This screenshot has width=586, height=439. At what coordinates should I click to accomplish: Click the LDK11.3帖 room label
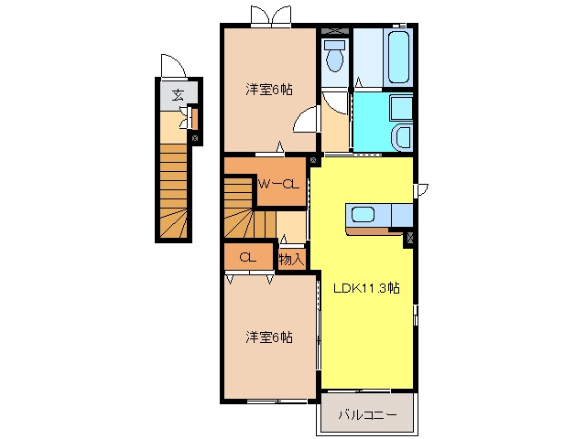pyautogui.click(x=366, y=288)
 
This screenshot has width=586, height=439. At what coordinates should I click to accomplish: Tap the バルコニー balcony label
pyautogui.click(x=367, y=414)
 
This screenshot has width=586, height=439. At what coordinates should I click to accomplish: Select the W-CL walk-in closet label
pyautogui.click(x=278, y=184)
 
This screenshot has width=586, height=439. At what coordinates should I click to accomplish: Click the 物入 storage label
pyautogui.click(x=291, y=259)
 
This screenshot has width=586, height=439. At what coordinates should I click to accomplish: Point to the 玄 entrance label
pyautogui.click(x=178, y=95)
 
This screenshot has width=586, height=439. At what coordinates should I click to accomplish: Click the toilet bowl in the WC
pyautogui.click(x=335, y=57)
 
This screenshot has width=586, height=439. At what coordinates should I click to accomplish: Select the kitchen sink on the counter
pyautogui.click(x=363, y=216)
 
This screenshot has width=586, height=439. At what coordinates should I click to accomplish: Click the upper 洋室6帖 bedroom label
pyautogui.click(x=269, y=90)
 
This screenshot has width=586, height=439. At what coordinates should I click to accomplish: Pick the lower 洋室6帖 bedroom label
pyautogui.click(x=269, y=337)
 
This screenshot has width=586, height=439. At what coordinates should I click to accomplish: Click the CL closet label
pyautogui.click(x=248, y=257)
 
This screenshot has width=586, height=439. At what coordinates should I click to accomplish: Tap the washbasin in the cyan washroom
pyautogui.click(x=403, y=137)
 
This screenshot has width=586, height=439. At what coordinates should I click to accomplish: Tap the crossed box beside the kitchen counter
pyautogui.click(x=409, y=238)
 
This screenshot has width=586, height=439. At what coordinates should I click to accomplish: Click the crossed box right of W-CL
pyautogui.click(x=313, y=161)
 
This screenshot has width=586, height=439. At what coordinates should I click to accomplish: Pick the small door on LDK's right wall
pyautogui.click(x=421, y=190)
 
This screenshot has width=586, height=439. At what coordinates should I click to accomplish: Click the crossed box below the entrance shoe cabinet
pyautogui.click(x=195, y=138)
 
